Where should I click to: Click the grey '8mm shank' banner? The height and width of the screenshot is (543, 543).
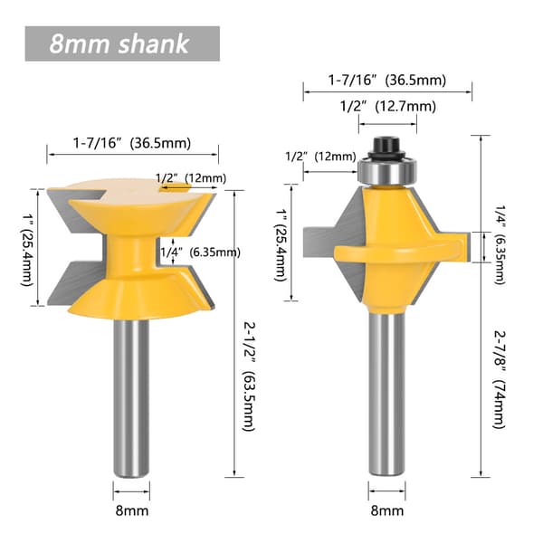[122, 43]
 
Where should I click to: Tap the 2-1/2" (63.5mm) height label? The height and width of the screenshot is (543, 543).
[249, 376]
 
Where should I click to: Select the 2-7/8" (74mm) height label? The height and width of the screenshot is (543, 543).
[500, 379]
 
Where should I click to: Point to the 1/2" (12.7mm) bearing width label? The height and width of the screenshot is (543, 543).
[387, 106]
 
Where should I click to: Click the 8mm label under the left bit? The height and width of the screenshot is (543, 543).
[132, 510]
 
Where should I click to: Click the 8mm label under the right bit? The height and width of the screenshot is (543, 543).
[387, 510]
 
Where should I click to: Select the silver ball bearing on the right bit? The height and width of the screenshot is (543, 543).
[387, 171]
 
